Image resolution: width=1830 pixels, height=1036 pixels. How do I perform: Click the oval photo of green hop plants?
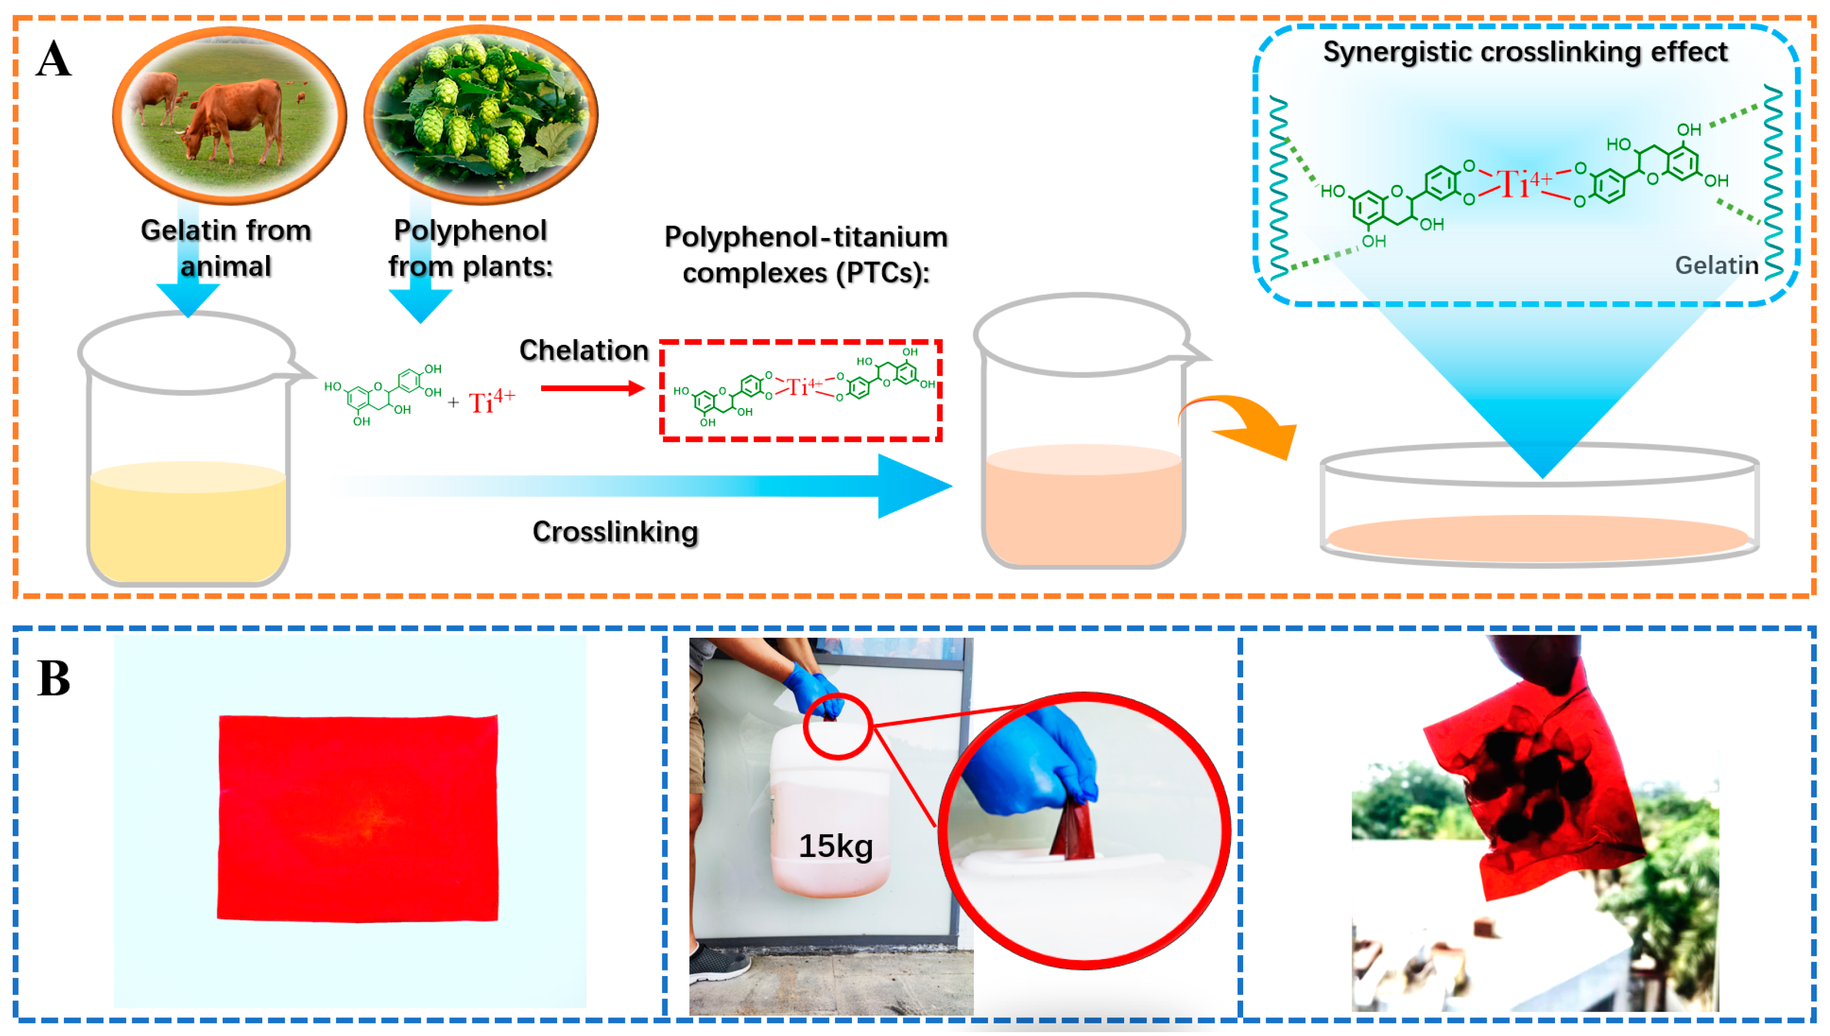(481, 114)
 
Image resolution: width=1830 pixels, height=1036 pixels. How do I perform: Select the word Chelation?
(584, 350)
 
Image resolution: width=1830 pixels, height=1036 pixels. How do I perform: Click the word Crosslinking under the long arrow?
(615, 531)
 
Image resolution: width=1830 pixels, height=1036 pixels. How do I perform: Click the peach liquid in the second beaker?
(1083, 509)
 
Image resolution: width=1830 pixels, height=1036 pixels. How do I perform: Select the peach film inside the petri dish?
(1537, 537)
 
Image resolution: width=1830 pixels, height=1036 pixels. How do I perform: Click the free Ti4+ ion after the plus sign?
(491, 402)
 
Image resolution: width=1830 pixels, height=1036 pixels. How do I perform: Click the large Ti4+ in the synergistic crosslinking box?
(1523, 183)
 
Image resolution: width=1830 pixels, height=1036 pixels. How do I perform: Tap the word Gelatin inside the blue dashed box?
(1715, 265)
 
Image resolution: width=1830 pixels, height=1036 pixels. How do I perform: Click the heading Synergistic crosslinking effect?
(1525, 52)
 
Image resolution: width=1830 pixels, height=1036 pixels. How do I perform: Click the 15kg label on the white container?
(835, 845)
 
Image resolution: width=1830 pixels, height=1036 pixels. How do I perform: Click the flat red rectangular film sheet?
(357, 818)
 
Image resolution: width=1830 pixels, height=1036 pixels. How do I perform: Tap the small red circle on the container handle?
(838, 726)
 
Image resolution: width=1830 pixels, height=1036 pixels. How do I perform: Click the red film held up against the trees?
(1537, 790)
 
